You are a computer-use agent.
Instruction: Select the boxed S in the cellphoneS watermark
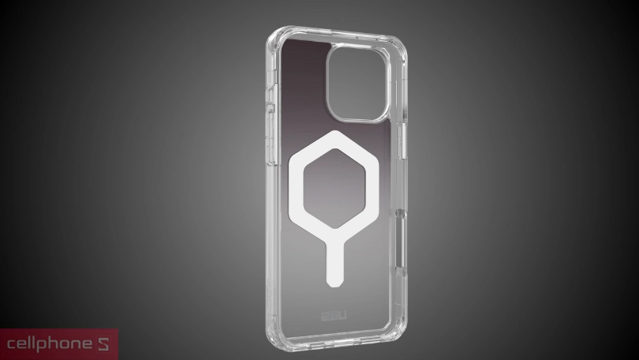[x=108, y=344]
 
